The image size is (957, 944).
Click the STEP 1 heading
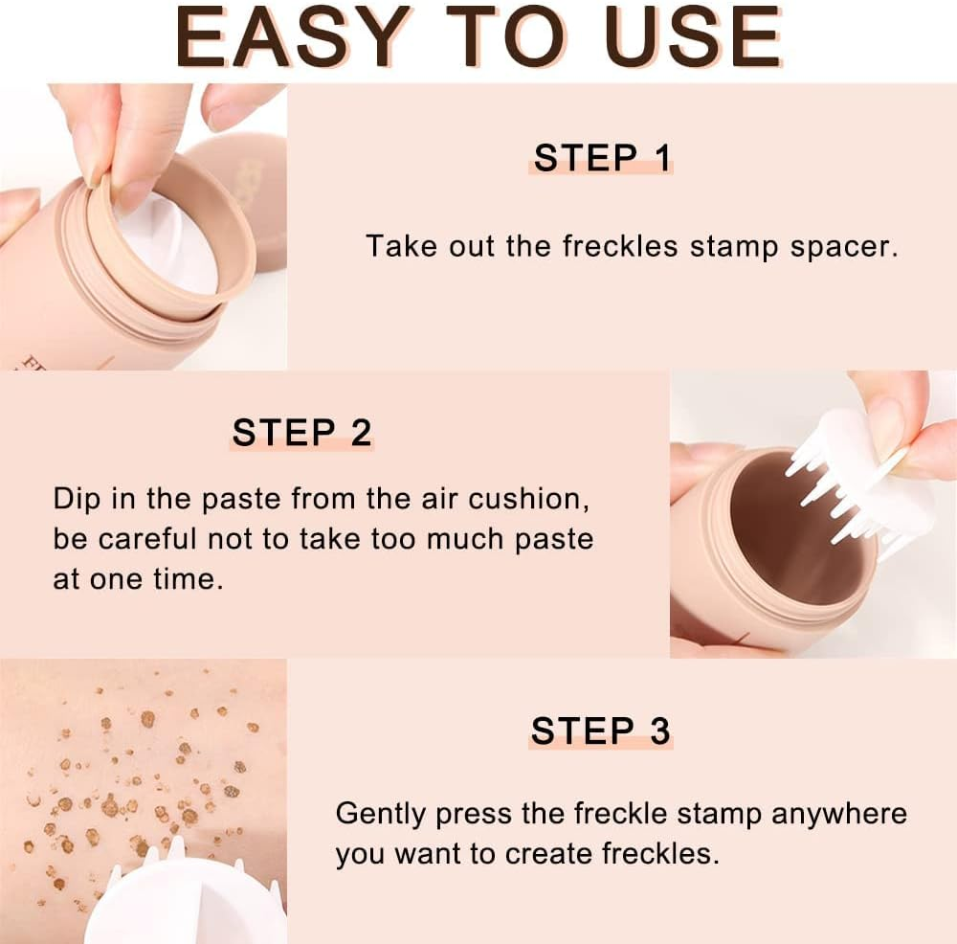(602, 158)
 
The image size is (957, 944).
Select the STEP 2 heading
(301, 433)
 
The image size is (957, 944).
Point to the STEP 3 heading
(601, 731)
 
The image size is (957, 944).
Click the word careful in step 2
(150, 538)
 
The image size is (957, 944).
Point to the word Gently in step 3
(381, 815)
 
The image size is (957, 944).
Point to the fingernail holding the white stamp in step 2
(885, 426)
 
